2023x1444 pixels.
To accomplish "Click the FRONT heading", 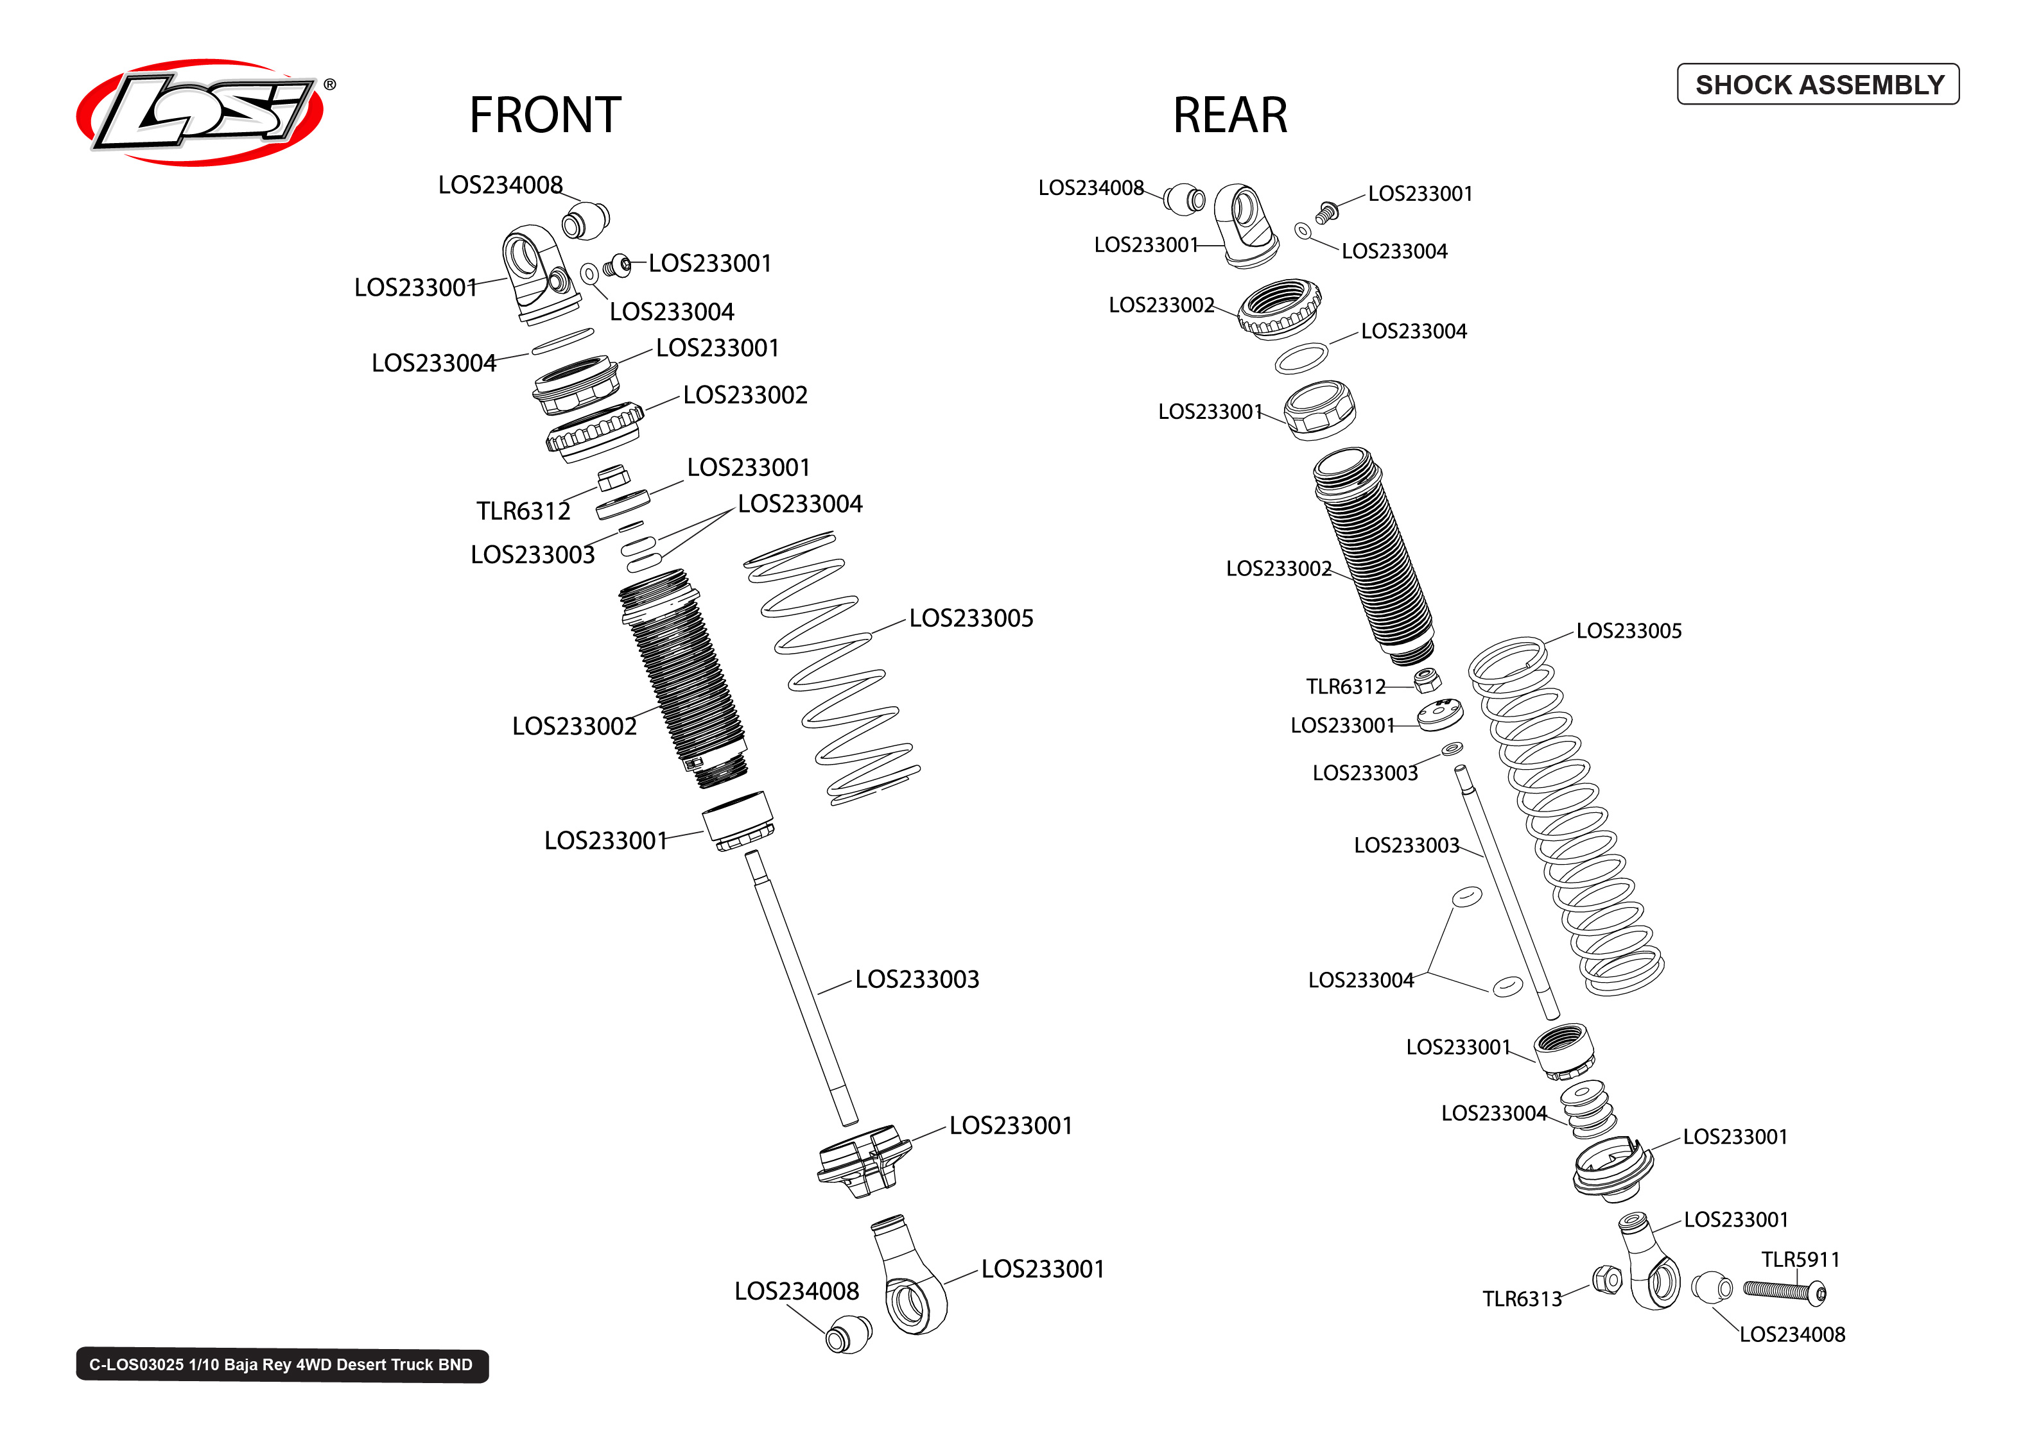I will [544, 115].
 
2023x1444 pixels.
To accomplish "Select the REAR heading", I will [1229, 115].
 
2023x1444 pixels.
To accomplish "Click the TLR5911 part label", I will [1800, 1259].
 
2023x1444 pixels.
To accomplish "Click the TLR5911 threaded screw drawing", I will [1782, 1290].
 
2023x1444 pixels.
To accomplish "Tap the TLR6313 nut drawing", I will [1607, 1280].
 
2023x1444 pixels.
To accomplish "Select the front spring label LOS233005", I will [971, 618].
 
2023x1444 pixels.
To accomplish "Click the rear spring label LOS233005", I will [1628, 631].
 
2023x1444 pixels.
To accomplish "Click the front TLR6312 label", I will [523, 511].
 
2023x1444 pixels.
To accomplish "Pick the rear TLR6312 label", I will [1345, 686].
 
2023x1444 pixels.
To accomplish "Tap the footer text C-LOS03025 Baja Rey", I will [281, 1365].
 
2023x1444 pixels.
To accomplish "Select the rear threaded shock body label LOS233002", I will [1278, 568].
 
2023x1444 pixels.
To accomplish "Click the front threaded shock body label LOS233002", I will [574, 726].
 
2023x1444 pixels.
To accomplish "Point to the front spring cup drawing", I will [863, 1160].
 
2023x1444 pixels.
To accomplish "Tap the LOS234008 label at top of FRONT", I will [500, 185].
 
